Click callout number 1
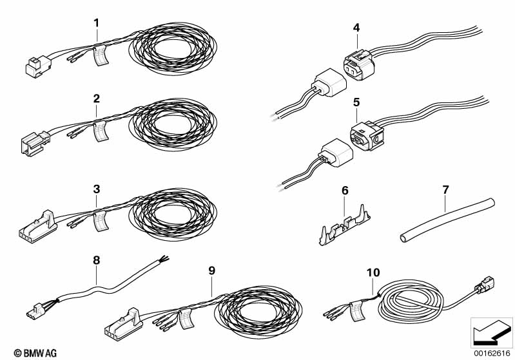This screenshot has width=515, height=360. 96,23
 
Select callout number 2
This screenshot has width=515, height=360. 96,99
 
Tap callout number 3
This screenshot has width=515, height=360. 96,189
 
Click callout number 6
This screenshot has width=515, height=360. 344,191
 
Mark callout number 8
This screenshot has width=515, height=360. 97,260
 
